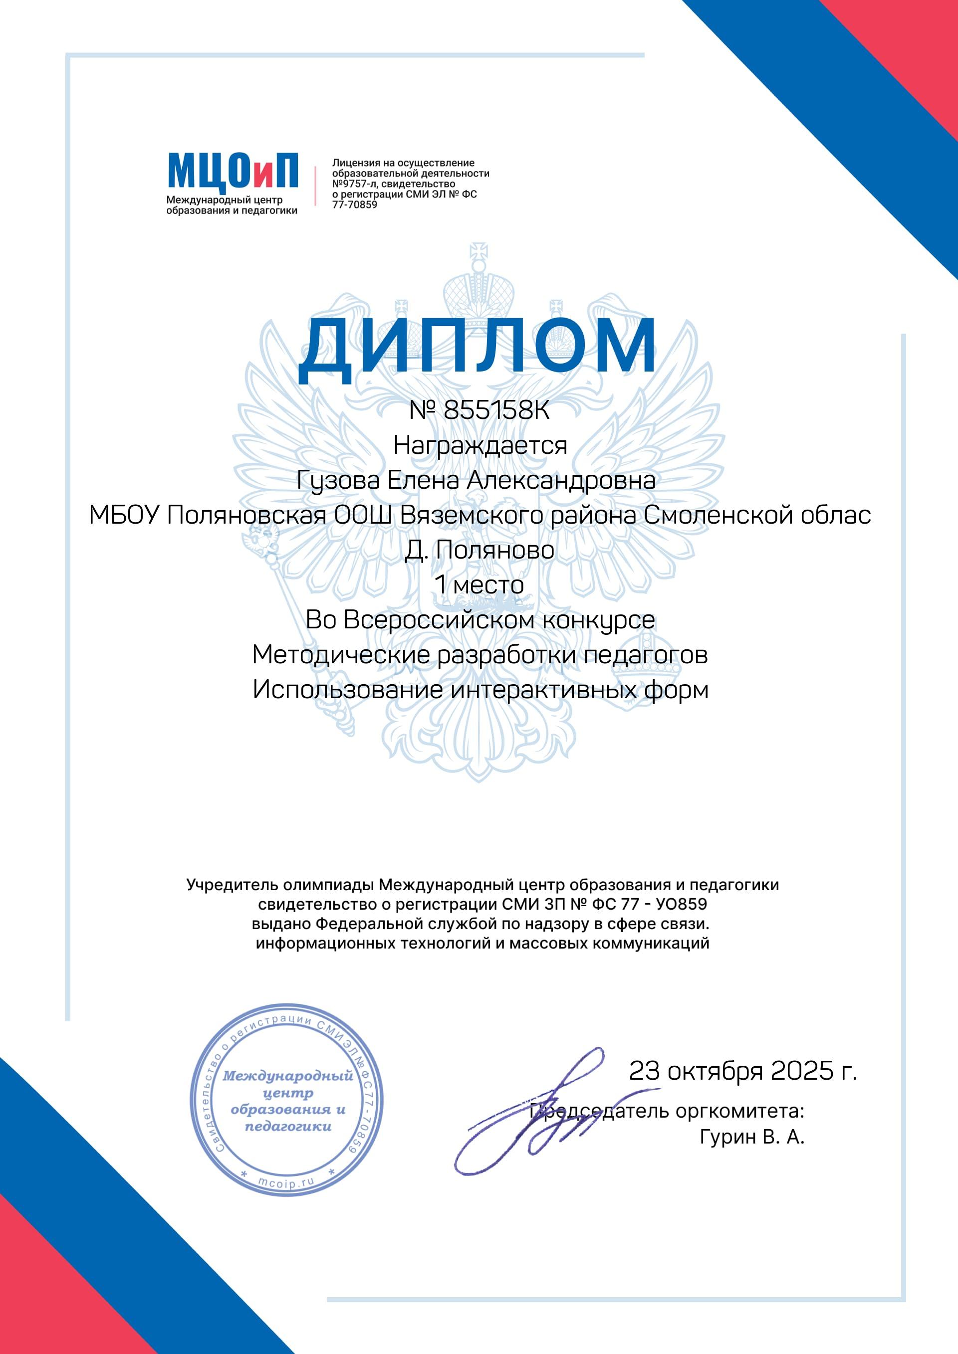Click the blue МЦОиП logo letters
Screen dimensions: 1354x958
[233, 171]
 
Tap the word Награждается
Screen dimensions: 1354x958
[479, 445]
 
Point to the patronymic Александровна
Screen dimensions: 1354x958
[561, 481]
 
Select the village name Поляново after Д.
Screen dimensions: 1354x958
[495, 550]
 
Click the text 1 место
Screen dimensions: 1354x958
[479, 585]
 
